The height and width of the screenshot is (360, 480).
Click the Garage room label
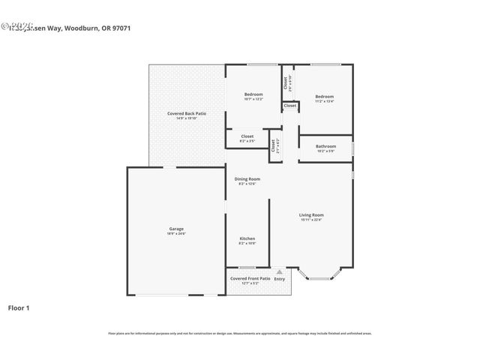coord(175,229)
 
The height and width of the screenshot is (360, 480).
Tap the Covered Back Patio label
coord(186,113)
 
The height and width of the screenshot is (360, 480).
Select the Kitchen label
coord(247,238)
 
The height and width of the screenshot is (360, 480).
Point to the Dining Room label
coord(247,178)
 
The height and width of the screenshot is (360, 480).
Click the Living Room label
coord(311,214)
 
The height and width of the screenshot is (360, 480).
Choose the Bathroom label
coord(325,146)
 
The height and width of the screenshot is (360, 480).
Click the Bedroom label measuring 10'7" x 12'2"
coord(253,94)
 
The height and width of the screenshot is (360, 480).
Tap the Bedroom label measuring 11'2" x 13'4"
coord(324,97)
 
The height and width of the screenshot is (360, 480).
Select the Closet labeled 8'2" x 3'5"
coord(247,136)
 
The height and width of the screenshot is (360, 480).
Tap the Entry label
coord(279,279)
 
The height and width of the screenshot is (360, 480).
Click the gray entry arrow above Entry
coord(279,271)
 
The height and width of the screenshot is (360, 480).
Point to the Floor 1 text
coord(19,307)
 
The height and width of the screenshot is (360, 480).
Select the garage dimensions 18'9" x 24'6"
coord(175,233)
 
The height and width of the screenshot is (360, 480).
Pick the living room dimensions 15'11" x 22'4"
coord(311,220)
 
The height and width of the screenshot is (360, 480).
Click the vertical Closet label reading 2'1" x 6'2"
coord(275,145)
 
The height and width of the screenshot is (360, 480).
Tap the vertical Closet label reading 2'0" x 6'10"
coord(286,82)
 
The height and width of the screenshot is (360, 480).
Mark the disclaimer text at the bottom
coord(240,333)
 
